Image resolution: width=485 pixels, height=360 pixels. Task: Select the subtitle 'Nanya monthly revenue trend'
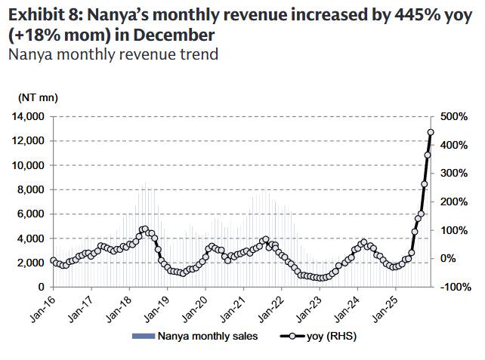(x=113, y=54)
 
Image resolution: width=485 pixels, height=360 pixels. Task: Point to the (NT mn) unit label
(x=38, y=97)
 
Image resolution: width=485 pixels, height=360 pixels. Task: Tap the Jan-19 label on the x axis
(x=167, y=302)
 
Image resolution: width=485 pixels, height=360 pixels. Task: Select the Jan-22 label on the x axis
(x=281, y=302)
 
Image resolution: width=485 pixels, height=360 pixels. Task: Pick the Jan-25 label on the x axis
(x=395, y=302)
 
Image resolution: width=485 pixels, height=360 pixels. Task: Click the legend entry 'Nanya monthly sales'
(x=207, y=337)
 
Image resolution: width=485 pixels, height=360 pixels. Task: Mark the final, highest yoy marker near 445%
(x=431, y=132)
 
